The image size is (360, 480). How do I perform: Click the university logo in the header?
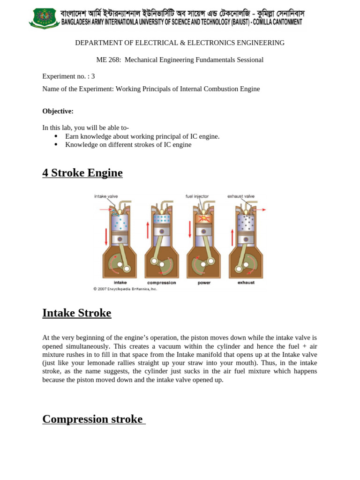tap(44, 18)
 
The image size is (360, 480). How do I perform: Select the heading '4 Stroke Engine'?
tap(82, 173)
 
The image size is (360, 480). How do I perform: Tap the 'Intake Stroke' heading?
tap(76, 313)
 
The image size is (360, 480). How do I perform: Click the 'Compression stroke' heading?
tap(92, 419)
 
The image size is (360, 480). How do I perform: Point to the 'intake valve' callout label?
tap(106, 196)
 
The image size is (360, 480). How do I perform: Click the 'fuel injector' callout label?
tap(197, 196)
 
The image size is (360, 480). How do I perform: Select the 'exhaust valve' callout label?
tap(241, 196)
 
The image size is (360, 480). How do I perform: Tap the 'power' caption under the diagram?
tap(204, 283)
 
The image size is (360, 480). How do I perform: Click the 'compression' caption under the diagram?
tap(161, 283)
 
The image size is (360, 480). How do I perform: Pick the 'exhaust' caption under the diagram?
tap(246, 283)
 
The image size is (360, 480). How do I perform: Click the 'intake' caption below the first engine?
tap(120, 283)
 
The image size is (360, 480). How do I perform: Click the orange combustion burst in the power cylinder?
tap(203, 219)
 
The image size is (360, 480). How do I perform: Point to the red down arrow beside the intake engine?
tap(106, 237)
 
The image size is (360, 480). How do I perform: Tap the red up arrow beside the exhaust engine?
tap(232, 237)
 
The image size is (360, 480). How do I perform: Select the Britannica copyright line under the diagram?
tap(125, 289)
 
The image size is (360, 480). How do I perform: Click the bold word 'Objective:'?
tap(58, 111)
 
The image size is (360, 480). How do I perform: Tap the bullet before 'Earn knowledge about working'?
tap(56, 136)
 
